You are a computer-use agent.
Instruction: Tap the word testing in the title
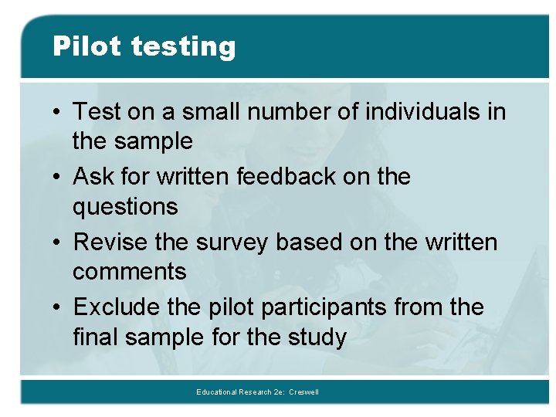click(x=183, y=48)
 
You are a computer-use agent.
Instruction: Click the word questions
click(x=125, y=208)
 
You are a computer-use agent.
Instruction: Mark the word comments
click(x=130, y=272)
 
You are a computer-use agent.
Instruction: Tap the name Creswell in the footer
click(x=303, y=392)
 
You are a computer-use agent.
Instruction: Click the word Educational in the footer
click(x=218, y=392)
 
